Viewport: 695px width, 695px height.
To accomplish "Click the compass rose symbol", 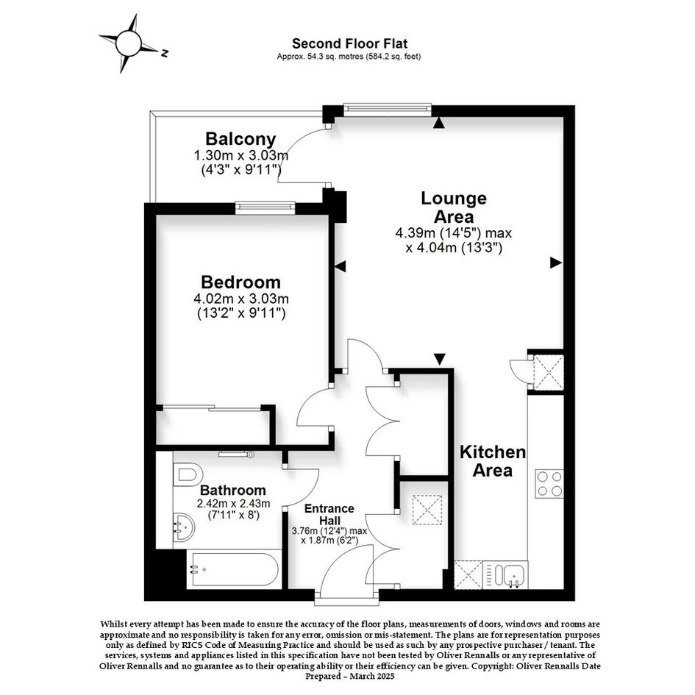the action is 129,43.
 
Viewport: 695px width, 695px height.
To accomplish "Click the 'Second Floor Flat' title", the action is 349,43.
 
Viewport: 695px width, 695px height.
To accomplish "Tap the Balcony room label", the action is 240,139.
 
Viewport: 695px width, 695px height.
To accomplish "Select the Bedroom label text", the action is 240,282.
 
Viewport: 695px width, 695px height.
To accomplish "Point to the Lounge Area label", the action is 454,207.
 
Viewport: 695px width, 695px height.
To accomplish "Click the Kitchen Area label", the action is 493,461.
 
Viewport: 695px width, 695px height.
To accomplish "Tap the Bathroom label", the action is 232,491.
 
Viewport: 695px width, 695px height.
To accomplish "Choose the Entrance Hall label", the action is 329,514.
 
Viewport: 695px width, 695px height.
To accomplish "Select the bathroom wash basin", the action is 184,527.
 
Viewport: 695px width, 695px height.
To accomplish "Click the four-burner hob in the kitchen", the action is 549,484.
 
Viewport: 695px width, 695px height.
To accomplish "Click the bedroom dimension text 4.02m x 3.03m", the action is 241,299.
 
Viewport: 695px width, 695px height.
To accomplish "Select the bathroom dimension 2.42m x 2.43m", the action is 234,504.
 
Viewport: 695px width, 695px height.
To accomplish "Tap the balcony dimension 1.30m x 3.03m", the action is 241,156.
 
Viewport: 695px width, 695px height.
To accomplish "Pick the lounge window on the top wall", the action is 388,108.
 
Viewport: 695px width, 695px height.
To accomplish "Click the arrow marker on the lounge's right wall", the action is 556,263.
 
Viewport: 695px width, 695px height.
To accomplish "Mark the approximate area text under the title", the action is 349,57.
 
